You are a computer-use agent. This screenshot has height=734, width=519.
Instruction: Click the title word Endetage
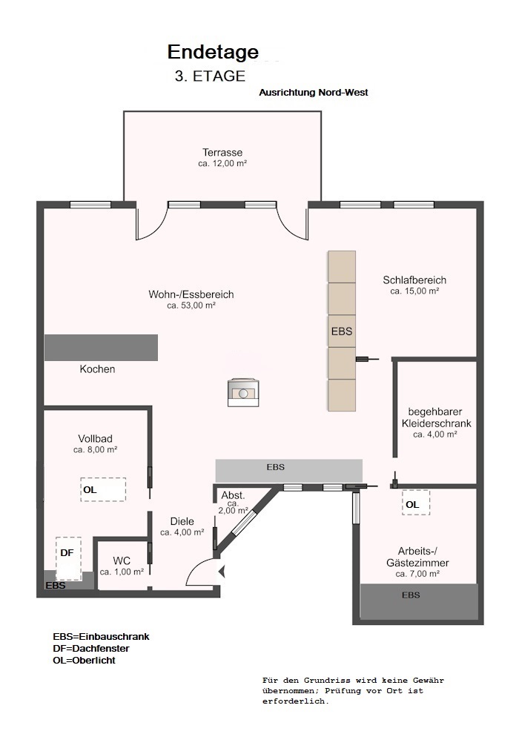pyautogui.click(x=213, y=53)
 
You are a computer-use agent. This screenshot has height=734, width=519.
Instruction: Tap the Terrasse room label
pyautogui.click(x=222, y=152)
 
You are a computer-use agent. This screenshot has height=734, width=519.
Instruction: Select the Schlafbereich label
pyautogui.click(x=414, y=280)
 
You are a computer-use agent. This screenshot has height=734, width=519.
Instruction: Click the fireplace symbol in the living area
pyautogui.click(x=243, y=393)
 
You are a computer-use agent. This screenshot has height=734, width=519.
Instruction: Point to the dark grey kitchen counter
pyautogui.click(x=101, y=347)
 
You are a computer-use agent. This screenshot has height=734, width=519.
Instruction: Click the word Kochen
pyautogui.click(x=97, y=369)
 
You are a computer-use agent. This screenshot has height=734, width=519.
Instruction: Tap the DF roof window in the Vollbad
pyautogui.click(x=68, y=558)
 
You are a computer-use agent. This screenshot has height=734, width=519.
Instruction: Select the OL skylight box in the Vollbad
pyautogui.click(x=103, y=489)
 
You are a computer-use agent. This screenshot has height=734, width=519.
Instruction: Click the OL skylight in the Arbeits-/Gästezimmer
pyautogui.click(x=416, y=503)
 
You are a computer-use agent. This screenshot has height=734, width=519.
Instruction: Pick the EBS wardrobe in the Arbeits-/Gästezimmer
pyautogui.click(x=419, y=601)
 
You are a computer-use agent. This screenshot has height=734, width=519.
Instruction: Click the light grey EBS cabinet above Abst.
pyautogui.click(x=288, y=471)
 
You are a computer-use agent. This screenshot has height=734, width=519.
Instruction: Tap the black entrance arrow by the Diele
pyautogui.click(x=222, y=572)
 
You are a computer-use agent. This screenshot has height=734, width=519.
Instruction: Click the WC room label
pyautogui.click(x=122, y=561)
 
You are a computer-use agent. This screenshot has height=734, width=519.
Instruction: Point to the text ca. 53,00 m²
pyautogui.click(x=191, y=305)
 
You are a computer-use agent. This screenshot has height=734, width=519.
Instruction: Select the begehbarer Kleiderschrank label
pyautogui.click(x=436, y=417)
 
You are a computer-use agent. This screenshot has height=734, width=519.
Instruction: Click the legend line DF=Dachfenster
pyautogui.click(x=90, y=648)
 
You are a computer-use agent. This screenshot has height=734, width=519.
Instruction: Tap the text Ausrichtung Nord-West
pyautogui.click(x=314, y=92)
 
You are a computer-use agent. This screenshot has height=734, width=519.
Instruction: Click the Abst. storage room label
pyautogui.click(x=233, y=495)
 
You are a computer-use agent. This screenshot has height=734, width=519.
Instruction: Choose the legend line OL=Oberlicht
pyautogui.click(x=84, y=661)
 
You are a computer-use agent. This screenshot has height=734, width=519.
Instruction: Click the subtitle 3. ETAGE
pyautogui.click(x=210, y=76)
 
